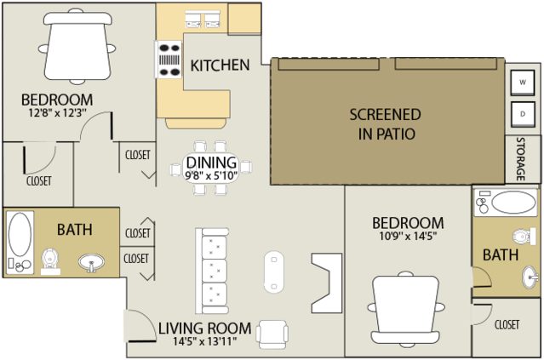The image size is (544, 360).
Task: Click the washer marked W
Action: pyautogui.click(x=522, y=83)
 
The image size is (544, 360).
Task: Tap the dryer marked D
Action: pyautogui.click(x=522, y=114)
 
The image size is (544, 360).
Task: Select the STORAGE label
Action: pyautogui.click(x=520, y=159)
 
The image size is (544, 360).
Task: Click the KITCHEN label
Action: pyautogui.click(x=220, y=66)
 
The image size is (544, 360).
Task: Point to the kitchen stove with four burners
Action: pyautogui.click(x=169, y=60)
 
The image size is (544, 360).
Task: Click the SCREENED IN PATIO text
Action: pyautogui.click(x=386, y=124)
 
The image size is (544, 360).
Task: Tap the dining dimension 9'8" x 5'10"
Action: pyautogui.click(x=211, y=176)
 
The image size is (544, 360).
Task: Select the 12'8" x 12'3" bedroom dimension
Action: pyautogui.click(x=57, y=112)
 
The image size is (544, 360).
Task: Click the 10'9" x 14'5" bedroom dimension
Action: pyautogui.click(x=408, y=236)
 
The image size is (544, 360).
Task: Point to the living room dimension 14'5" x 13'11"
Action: pyautogui.click(x=204, y=341)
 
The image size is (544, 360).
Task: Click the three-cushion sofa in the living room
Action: pyautogui.click(x=212, y=271)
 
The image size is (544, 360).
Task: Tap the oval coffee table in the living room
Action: pyautogui.click(x=274, y=271)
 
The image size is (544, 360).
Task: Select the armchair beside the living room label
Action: pyautogui.click(x=272, y=334)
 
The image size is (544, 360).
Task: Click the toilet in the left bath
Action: pyautogui.click(x=50, y=262)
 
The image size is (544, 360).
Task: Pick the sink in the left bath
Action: pyautogui.click(x=91, y=262)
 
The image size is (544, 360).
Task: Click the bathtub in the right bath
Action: pyautogui.click(x=506, y=203)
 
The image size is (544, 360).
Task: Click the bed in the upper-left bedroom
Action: pyautogui.click(x=77, y=47)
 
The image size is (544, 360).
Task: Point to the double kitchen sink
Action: pyautogui.click(x=203, y=20)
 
